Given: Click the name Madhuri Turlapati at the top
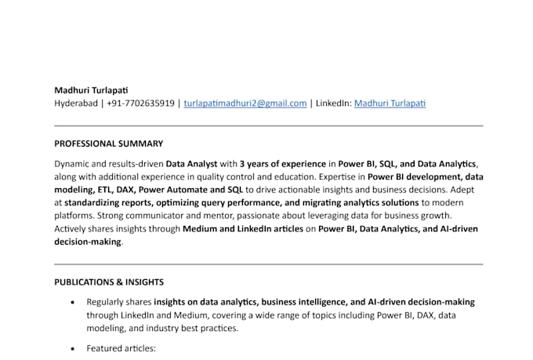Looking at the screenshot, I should click(x=92, y=89).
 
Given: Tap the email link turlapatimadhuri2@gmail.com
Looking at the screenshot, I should click(x=245, y=103).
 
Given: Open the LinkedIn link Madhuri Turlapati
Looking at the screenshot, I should click(x=390, y=103).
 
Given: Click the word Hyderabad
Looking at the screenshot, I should click(x=76, y=103).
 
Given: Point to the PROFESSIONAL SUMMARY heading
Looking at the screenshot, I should click(x=108, y=144).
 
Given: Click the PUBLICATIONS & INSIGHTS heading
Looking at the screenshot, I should click(x=109, y=282).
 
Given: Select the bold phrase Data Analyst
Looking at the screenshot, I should click(x=191, y=164).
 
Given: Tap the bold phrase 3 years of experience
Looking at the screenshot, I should click(x=282, y=164).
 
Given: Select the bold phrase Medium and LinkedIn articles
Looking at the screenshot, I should click(x=242, y=229).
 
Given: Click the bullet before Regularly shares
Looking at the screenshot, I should click(x=73, y=302).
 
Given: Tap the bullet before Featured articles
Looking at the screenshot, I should click(x=73, y=347).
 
